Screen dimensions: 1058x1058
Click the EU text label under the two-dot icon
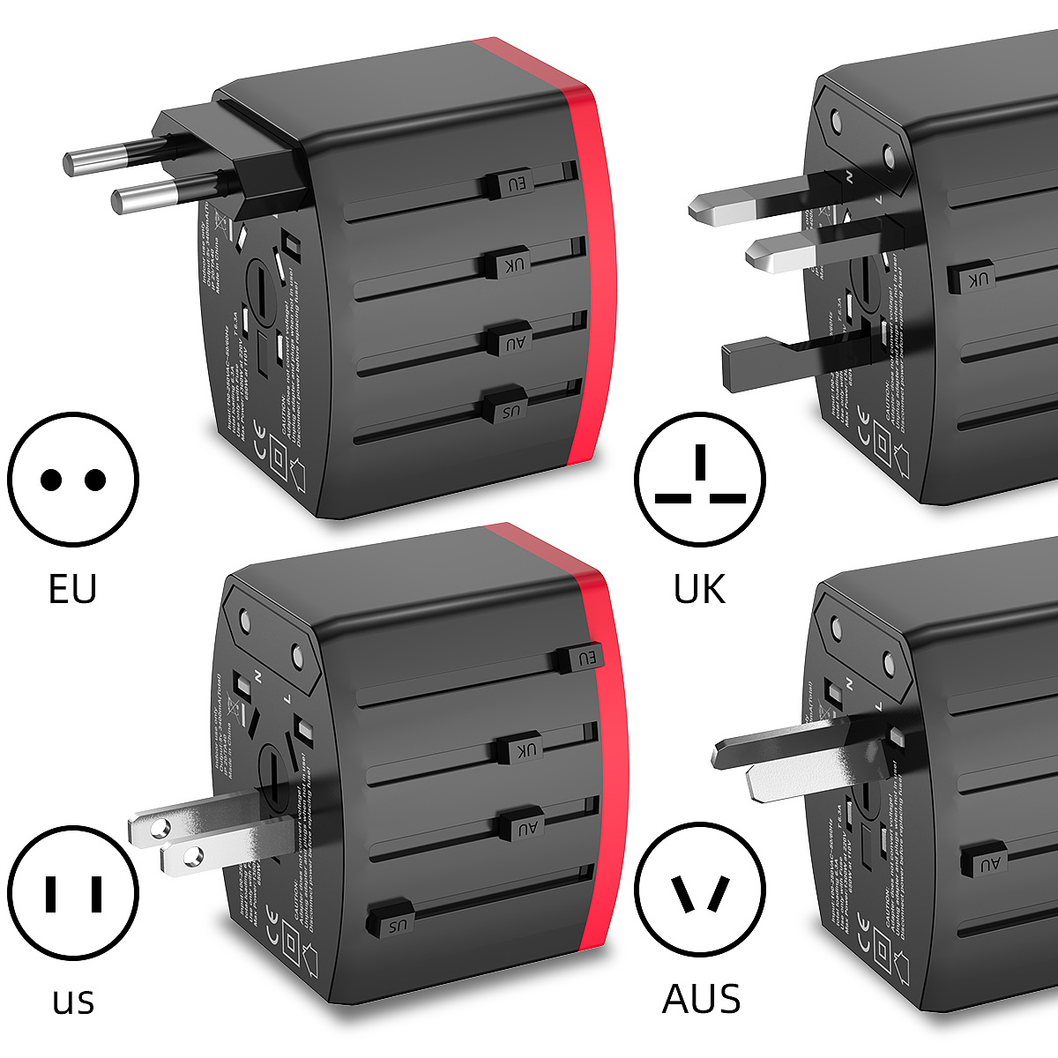coord(72,589)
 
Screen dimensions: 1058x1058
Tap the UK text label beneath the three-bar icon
coord(699,589)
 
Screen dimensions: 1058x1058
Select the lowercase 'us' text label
coord(73,1001)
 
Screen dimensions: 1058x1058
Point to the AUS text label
coord(701,999)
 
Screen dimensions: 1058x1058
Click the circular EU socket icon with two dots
coord(73,480)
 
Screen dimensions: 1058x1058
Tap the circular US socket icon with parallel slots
coord(73,892)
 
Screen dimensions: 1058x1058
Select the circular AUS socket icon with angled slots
coord(700,892)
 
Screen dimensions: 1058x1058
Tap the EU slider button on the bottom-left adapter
coord(583,659)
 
